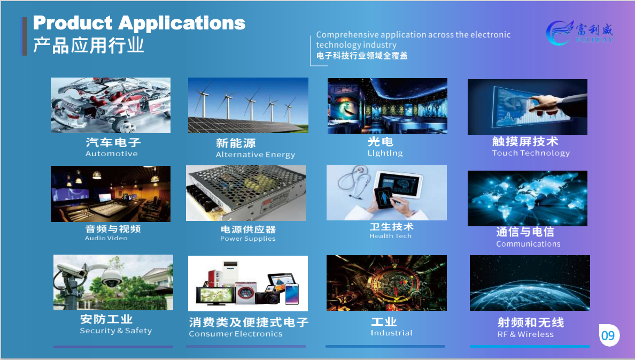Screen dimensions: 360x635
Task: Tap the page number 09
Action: tap(608, 336)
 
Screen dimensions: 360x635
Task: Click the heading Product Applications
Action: tap(139, 23)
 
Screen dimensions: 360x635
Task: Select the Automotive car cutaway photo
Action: tap(111, 105)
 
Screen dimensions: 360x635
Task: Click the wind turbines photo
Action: tap(248, 105)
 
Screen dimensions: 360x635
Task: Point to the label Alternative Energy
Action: tap(255, 155)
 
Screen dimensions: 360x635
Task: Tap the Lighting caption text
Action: tap(385, 153)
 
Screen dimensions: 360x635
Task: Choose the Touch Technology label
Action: tap(531, 153)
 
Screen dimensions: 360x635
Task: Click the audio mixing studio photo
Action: tap(111, 194)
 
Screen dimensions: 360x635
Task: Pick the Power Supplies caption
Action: tap(247, 239)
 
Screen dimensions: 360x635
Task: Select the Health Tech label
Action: tap(390, 236)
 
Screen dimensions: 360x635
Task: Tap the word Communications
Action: tap(528, 244)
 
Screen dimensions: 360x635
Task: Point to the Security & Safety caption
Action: tap(115, 331)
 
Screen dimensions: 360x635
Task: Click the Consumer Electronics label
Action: tap(235, 334)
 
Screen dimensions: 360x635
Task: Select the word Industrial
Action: tap(391, 333)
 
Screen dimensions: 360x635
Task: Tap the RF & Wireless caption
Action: tap(525, 334)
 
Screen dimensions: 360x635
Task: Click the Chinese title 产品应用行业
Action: tap(89, 45)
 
